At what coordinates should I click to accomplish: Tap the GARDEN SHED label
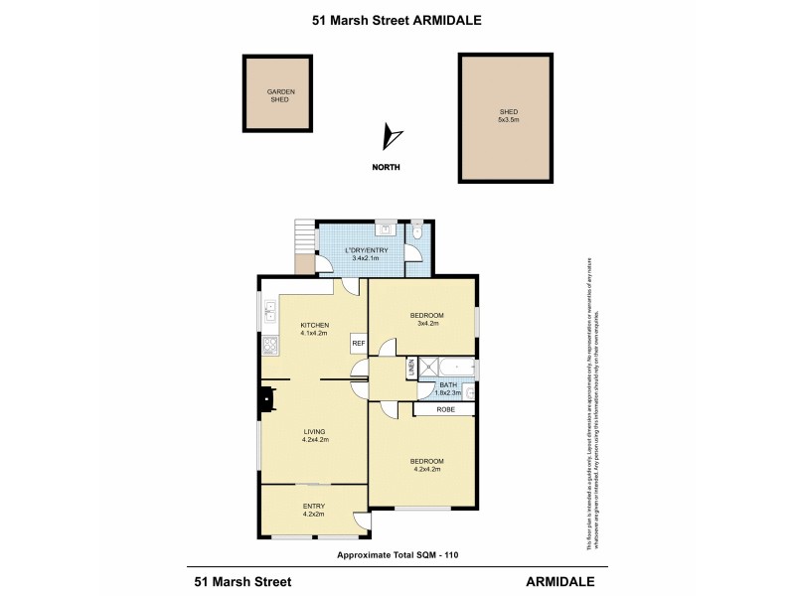pyautogui.click(x=280, y=95)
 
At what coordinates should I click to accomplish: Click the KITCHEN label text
pyautogui.click(x=315, y=329)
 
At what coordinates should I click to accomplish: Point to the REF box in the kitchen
pyautogui.click(x=358, y=344)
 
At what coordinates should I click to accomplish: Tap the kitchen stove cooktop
pyautogui.click(x=269, y=348)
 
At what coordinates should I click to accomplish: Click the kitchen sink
pyautogui.click(x=269, y=314)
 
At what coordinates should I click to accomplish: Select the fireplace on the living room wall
pyautogui.click(x=265, y=398)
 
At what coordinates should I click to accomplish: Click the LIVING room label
pyautogui.click(x=315, y=433)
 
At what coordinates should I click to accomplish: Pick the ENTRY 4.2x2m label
pyautogui.click(x=313, y=511)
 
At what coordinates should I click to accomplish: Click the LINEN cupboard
pyautogui.click(x=410, y=369)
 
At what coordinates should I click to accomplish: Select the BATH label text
pyautogui.click(x=448, y=388)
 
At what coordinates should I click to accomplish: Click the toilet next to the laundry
pyautogui.click(x=417, y=232)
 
